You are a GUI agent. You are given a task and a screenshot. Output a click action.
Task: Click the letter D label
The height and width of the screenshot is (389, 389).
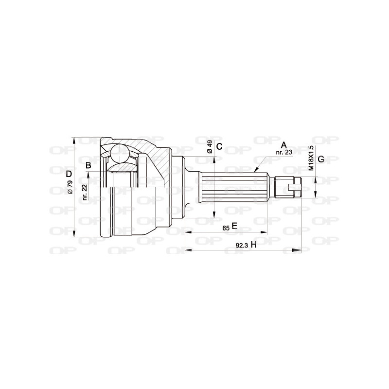[x=69, y=174]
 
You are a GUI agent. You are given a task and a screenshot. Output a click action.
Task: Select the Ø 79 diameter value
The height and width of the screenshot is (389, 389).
[x=70, y=188]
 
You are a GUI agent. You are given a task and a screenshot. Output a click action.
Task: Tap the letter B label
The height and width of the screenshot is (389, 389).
[x=88, y=165]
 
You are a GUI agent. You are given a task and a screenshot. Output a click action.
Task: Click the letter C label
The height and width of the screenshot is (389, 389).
[x=219, y=146]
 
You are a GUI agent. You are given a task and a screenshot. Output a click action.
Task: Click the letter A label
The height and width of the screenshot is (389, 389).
[x=284, y=144]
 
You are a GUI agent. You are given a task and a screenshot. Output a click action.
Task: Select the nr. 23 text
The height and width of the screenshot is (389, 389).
[x=283, y=152]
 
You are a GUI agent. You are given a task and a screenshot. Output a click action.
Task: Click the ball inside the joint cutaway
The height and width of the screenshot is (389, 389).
[x=119, y=154]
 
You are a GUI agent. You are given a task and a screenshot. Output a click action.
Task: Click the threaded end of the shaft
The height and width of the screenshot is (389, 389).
[x=284, y=186]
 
